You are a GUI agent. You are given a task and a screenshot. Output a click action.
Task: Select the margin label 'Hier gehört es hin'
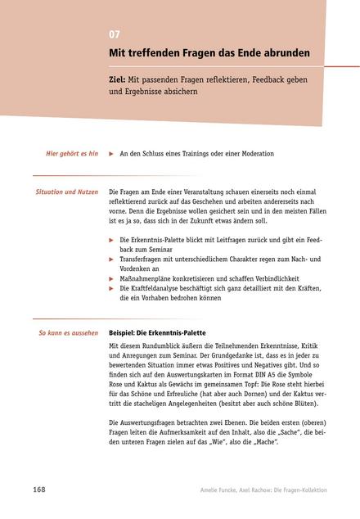pyautogui.click(x=71, y=153)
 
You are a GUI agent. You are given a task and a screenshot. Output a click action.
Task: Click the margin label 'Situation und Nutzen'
pyautogui.click(x=67, y=192)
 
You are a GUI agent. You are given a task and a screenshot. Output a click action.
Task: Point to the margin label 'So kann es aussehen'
pyautogui.click(x=69, y=333)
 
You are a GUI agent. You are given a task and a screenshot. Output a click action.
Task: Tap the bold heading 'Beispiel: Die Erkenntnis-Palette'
pyautogui.click(x=157, y=334)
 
